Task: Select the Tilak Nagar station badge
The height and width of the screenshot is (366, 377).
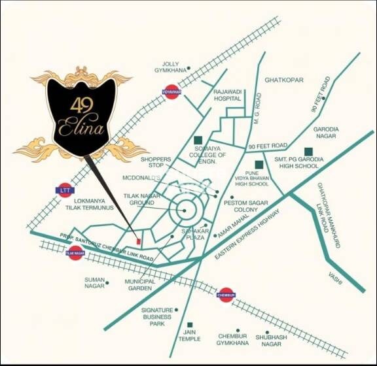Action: point(75,253)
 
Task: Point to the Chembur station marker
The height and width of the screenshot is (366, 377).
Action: point(226,295)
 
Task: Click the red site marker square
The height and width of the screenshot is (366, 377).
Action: point(136,236)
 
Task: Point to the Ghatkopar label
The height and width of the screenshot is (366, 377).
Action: point(285,80)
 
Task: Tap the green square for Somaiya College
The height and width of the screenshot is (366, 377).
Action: point(198,140)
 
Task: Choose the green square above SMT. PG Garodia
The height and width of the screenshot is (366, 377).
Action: point(308,152)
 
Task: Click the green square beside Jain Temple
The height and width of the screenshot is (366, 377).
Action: point(190,325)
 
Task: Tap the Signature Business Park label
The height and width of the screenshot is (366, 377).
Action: point(157,317)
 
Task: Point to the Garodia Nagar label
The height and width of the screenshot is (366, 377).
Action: point(325,133)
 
